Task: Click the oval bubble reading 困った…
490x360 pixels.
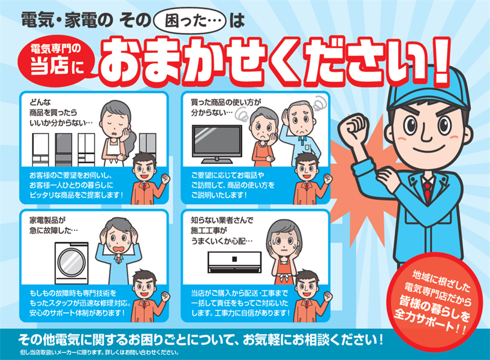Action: click(x=190, y=21)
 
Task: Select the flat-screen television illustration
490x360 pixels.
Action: click(x=217, y=144)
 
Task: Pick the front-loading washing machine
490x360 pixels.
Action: click(x=71, y=263)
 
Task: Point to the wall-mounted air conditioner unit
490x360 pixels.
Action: click(x=235, y=262)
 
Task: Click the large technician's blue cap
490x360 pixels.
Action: click(x=428, y=91)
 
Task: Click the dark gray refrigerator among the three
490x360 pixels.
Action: click(x=64, y=149)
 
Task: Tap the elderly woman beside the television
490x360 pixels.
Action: click(x=263, y=136)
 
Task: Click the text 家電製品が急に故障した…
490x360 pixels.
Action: click(x=53, y=226)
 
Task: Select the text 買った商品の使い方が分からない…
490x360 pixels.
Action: click(x=226, y=107)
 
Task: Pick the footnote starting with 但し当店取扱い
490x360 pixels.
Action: click(x=100, y=353)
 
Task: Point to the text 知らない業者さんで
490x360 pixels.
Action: click(x=222, y=220)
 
